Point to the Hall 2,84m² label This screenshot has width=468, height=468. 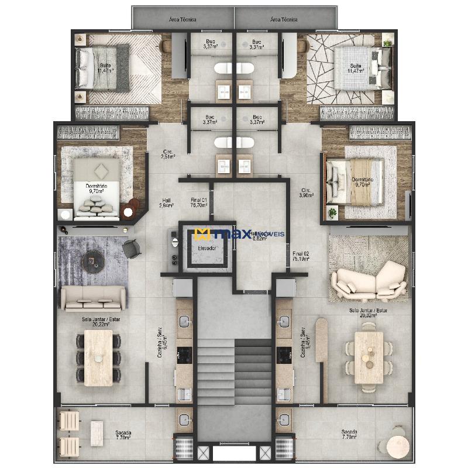tap(167, 203)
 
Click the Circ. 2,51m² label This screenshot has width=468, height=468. tap(168, 154)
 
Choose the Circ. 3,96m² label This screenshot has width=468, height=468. tap(306, 192)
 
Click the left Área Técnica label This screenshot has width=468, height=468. tap(183, 19)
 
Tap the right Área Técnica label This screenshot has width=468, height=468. tap(284, 19)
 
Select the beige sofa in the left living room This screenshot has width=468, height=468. tap(94, 298)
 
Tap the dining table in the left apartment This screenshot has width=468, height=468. tap(98, 357)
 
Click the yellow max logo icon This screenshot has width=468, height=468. tap(202, 235)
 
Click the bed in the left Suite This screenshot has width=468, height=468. tap(102, 69)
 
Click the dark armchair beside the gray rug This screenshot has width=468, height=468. tap(133, 249)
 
